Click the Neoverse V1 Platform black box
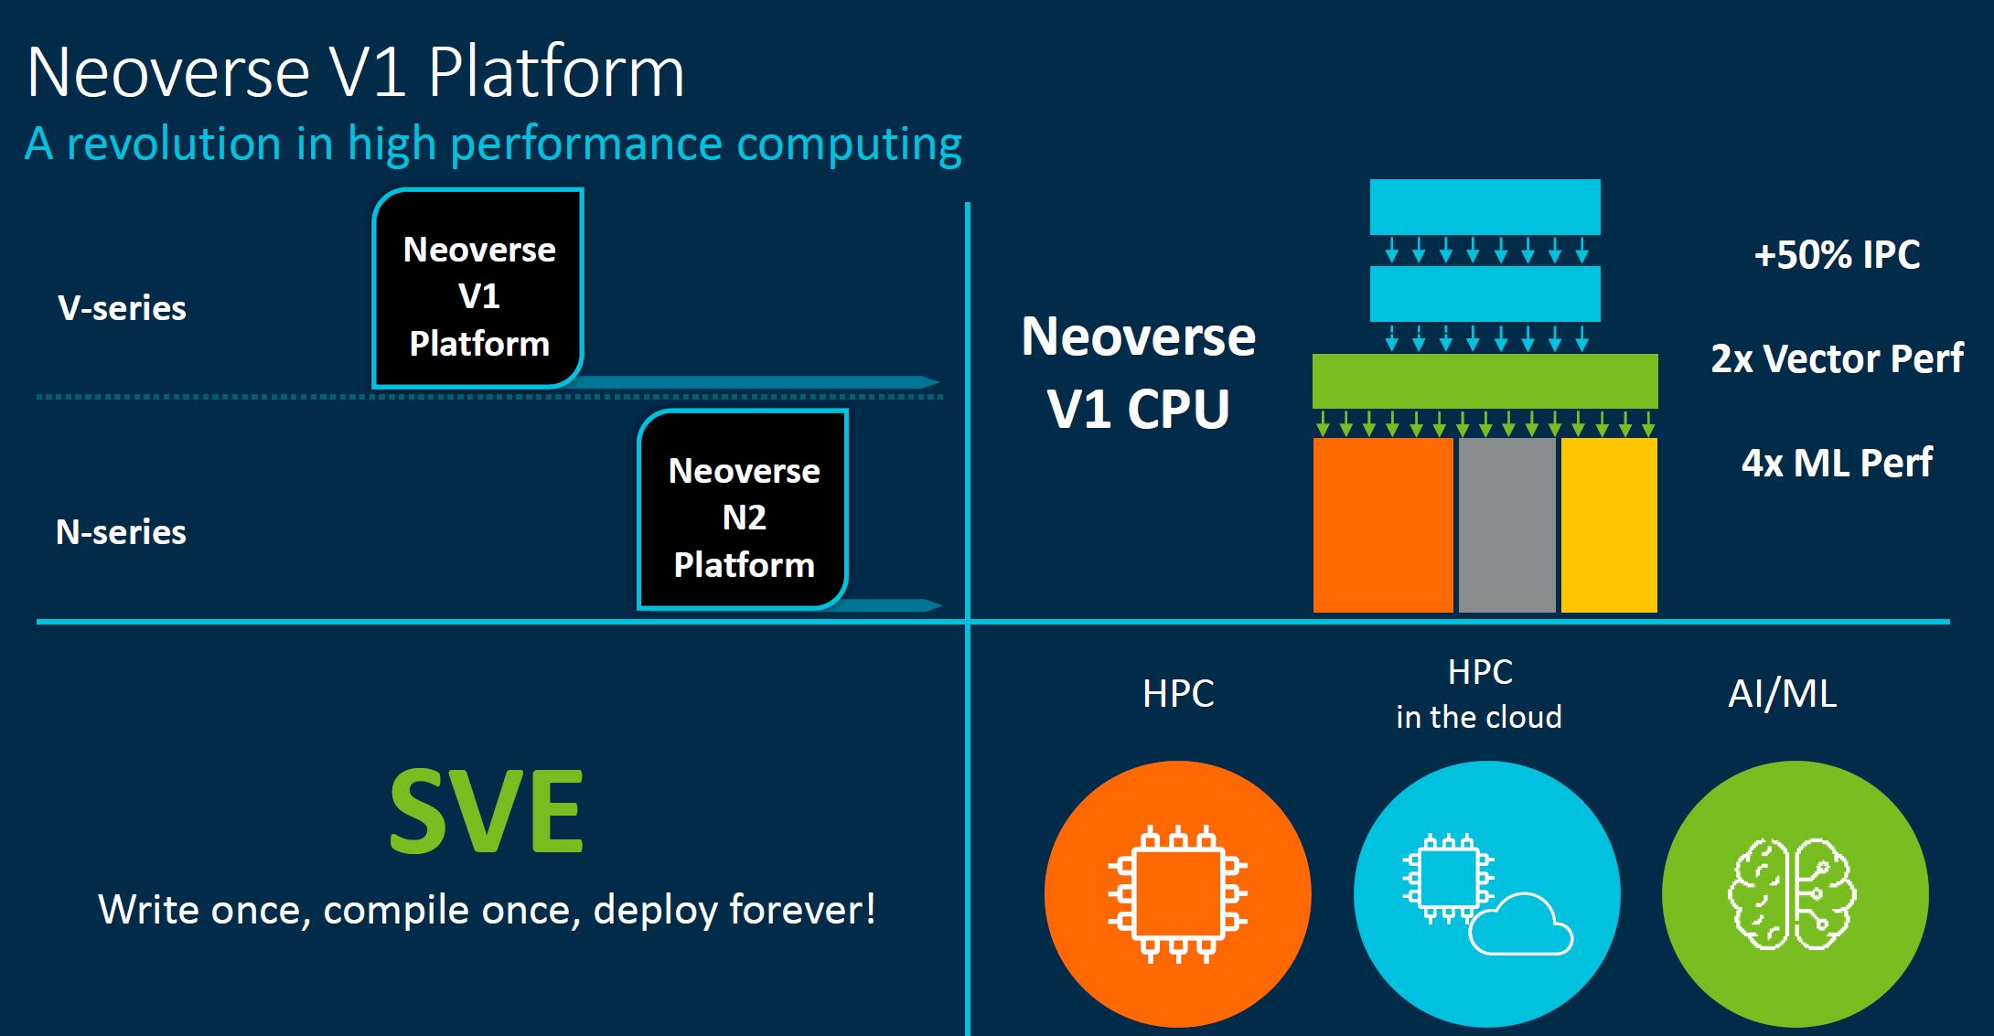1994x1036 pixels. [478, 289]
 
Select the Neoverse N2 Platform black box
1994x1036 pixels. [743, 509]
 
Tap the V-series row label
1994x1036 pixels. [122, 308]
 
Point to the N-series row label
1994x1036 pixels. [121, 532]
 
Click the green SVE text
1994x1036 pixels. [487, 811]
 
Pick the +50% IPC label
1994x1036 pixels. [1837, 255]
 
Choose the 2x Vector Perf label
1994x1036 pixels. [1837, 358]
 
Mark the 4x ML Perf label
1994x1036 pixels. [1837, 463]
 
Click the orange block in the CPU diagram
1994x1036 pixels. [1383, 525]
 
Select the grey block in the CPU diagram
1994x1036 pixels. [1507, 525]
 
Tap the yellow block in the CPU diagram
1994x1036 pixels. [1609, 525]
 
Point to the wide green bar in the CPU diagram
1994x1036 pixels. [1485, 380]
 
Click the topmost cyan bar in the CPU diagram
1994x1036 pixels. [1485, 207]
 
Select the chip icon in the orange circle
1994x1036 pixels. [1178, 894]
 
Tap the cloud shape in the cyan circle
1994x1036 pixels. [1521, 924]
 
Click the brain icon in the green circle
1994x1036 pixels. [1792, 894]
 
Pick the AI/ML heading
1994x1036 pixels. [1782, 694]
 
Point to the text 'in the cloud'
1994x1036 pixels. [1479, 717]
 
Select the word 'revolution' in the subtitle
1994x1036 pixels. [174, 144]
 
